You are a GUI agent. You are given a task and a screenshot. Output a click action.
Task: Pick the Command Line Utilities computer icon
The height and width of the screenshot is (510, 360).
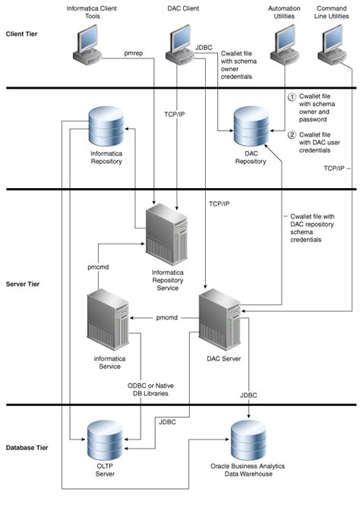pyautogui.click(x=333, y=47)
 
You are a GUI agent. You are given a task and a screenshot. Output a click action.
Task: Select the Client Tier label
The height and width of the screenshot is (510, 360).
pyautogui.click(x=23, y=35)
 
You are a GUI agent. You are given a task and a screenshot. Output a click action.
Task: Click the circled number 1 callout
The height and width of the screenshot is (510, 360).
pyautogui.click(x=290, y=99)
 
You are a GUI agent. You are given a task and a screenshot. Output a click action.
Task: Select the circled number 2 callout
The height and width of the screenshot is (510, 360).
pyautogui.click(x=290, y=135)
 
